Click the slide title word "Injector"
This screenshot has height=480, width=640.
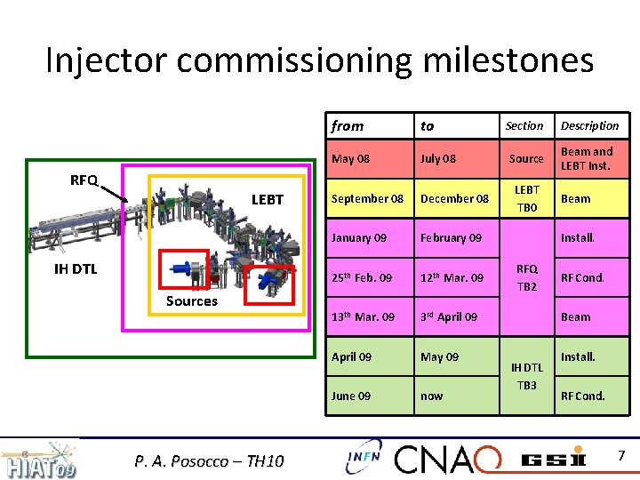click(107, 60)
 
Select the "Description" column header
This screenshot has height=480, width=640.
click(589, 126)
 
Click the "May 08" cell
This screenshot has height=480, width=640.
click(350, 159)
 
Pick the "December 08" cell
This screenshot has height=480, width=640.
click(454, 199)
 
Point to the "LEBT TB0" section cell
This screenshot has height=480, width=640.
click(527, 199)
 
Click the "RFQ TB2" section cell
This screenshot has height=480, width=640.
click(527, 277)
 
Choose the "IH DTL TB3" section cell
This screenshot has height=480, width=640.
click(527, 376)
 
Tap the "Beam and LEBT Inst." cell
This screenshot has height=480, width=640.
click(587, 159)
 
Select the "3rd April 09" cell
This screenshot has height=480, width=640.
click(449, 317)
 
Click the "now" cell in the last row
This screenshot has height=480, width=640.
click(432, 396)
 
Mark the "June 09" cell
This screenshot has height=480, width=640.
click(351, 396)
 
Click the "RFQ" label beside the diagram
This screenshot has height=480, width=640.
click(84, 180)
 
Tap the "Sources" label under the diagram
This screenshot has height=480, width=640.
click(191, 301)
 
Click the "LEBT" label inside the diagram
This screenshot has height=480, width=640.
click(268, 200)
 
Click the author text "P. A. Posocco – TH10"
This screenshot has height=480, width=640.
click(210, 460)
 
